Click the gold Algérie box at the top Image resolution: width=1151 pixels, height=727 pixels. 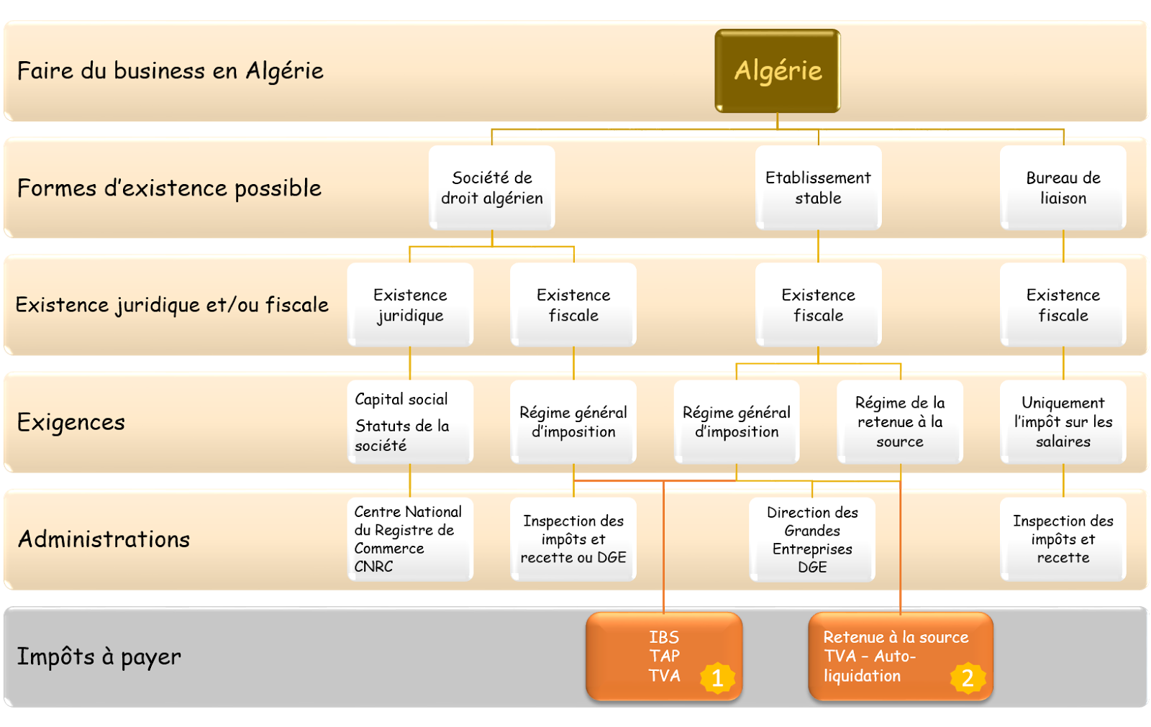777,70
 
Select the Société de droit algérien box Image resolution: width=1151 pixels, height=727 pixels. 492,188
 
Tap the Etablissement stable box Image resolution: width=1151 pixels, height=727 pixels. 818,188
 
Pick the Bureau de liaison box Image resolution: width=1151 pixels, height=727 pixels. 1063,188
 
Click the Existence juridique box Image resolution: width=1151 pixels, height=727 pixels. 410,305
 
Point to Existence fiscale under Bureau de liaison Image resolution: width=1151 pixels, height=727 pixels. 1063,305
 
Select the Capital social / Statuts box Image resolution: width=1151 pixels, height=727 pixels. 410,422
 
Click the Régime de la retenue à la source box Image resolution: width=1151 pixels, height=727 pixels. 899,422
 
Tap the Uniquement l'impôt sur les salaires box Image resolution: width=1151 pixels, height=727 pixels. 1063,422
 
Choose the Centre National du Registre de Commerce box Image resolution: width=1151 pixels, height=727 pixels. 410,539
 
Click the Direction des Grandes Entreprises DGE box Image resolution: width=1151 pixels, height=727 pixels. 812,539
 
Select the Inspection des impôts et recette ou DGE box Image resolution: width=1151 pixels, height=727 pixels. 573,539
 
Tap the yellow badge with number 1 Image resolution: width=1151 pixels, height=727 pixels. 717,678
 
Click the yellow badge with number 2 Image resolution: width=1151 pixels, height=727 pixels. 968,678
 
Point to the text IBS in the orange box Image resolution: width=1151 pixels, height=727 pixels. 663,637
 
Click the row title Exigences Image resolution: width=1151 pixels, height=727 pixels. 71,422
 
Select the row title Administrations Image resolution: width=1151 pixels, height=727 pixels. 104,539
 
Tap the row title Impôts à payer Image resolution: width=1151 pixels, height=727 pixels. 99,657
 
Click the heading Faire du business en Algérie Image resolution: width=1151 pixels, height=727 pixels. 170,71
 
